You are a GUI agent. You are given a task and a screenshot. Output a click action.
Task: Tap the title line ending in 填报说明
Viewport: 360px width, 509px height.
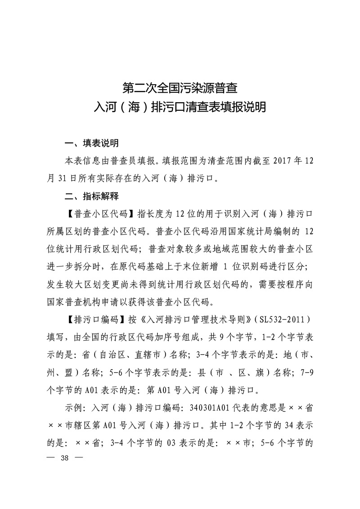tap(180, 108)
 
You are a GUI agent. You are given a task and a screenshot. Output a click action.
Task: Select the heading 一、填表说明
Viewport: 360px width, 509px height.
tap(92, 144)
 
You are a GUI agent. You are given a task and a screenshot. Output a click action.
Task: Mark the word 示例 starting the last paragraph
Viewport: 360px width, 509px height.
tap(74, 408)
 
